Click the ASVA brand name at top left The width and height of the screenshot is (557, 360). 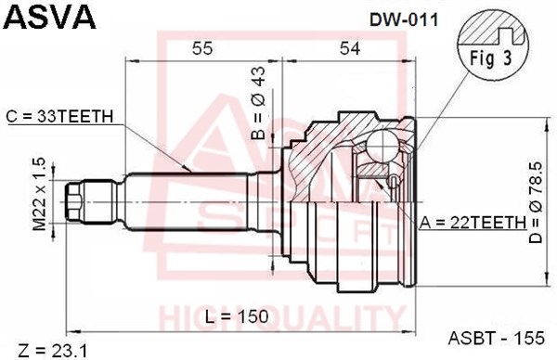coord(50,17)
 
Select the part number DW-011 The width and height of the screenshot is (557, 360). coord(404,20)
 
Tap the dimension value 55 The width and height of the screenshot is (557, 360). coord(202,48)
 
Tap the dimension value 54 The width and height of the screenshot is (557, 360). coord(350,48)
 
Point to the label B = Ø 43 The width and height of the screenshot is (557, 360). coord(258,103)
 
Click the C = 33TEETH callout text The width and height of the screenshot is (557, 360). coord(59,116)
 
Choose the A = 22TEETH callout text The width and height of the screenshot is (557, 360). coord(473,223)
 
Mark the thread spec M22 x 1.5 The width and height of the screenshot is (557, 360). coord(39,194)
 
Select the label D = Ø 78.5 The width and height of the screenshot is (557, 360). coord(536,202)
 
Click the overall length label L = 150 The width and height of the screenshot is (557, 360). coord(237,316)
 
